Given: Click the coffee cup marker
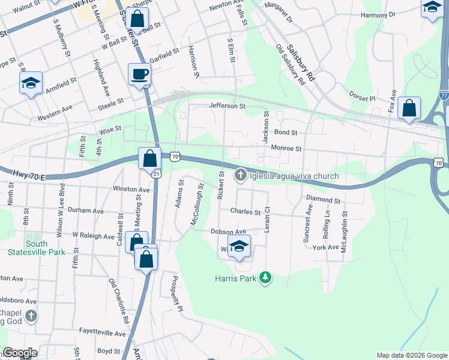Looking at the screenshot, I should click(x=139, y=74).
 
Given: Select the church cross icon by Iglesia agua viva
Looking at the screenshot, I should click(x=240, y=175).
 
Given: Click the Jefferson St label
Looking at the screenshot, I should click(x=227, y=106).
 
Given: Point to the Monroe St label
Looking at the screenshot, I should click(x=286, y=148).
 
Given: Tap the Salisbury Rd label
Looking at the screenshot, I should click(x=300, y=62).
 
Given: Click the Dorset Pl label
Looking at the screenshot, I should click(x=363, y=98).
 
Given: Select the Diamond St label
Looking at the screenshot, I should click(x=323, y=199).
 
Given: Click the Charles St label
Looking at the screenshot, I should click(x=246, y=211).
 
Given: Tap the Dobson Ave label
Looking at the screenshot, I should click(x=228, y=231).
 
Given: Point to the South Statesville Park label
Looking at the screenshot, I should click(x=37, y=248).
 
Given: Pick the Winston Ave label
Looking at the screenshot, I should click(x=131, y=189).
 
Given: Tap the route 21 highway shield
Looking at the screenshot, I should click(x=157, y=173).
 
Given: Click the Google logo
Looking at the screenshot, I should click(x=20, y=353).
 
